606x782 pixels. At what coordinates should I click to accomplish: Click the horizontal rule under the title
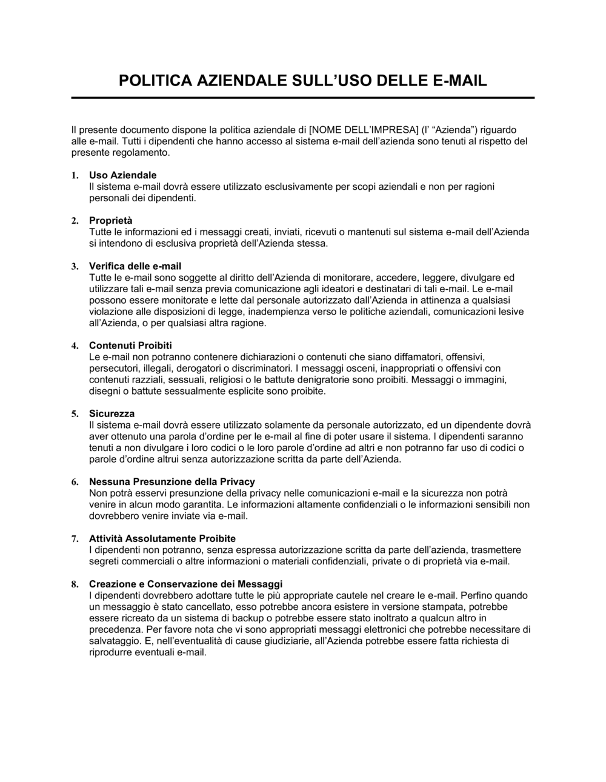[303, 98]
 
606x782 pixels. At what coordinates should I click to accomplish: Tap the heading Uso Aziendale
[122, 175]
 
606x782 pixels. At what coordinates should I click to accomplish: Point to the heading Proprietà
[110, 221]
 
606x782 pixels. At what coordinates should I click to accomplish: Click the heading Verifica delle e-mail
[135, 266]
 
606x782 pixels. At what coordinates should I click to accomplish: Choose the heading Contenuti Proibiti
[130, 346]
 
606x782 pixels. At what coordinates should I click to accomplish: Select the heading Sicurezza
[112, 413]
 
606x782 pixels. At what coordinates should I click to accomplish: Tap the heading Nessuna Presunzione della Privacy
[171, 482]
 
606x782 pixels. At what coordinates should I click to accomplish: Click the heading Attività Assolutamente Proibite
[162, 538]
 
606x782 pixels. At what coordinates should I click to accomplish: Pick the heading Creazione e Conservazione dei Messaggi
[185, 584]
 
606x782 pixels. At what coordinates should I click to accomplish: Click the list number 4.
[75, 346]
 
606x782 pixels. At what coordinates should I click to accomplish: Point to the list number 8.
[75, 584]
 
